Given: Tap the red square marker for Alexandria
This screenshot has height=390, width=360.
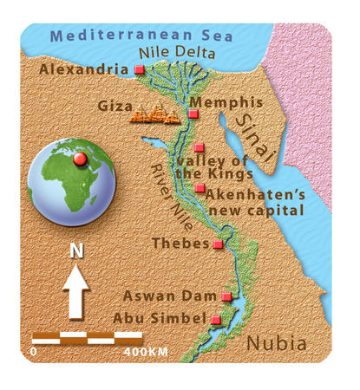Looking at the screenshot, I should point(139,68).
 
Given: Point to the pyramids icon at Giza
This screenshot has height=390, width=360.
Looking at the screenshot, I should point(154,112).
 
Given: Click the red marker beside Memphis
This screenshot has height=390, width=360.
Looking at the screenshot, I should point(193,114).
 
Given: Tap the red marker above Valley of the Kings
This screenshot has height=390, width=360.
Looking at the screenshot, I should point(199,147).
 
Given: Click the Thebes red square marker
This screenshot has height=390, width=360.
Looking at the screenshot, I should point(218,244).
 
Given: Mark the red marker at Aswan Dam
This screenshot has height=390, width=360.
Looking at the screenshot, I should point(226,297).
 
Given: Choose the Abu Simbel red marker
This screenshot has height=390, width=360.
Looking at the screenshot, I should point(215,319).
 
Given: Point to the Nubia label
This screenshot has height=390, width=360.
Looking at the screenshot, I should point(276,343).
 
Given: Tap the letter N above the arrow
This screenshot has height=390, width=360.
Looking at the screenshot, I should point(76,251).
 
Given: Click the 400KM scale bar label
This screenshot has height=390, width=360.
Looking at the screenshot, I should point(146,353).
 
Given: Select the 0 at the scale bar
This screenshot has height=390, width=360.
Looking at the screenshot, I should point(33,353).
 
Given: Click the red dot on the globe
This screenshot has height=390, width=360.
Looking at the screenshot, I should point(80,159).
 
